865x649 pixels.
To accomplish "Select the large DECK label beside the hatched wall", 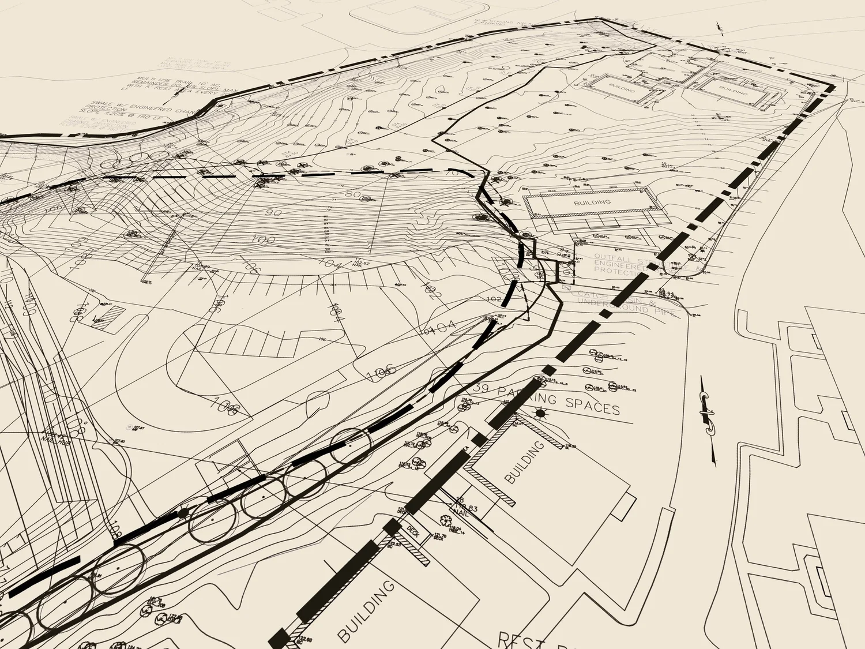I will point(412,530).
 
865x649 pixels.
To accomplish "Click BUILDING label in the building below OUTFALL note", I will point(592,202).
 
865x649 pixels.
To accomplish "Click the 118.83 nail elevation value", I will point(467,508).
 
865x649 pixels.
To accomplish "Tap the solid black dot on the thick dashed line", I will point(183,512).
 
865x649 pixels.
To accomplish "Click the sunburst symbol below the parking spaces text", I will point(540,413).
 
